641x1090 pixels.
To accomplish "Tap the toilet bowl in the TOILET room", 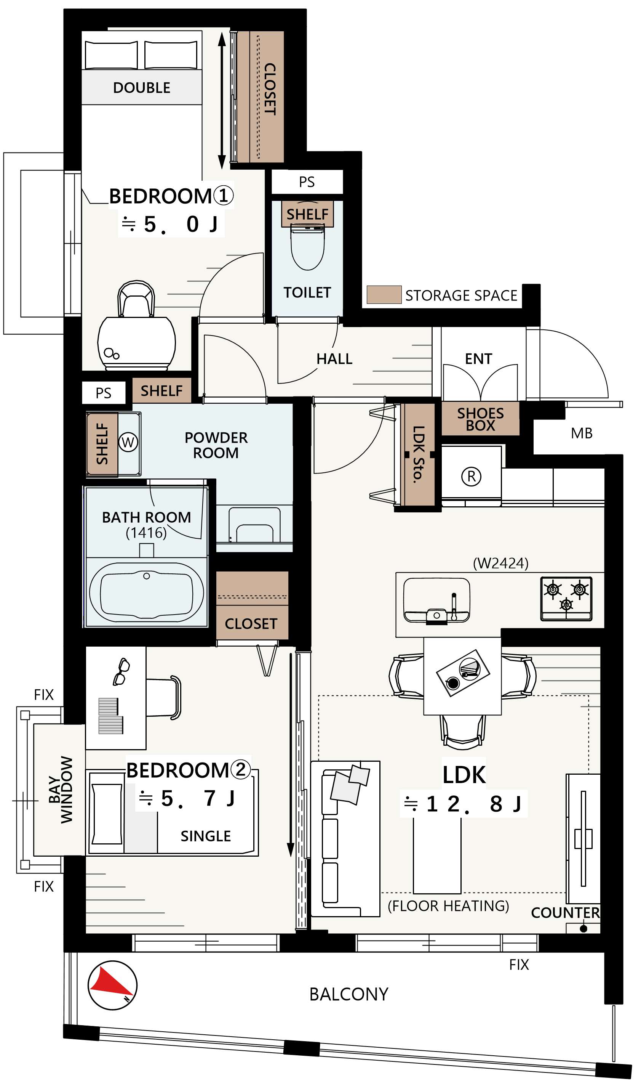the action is [308, 248].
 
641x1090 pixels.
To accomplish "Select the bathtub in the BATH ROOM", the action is [147, 592].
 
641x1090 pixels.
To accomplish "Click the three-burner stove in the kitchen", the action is [566, 599].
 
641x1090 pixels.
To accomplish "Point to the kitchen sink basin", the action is [436, 600].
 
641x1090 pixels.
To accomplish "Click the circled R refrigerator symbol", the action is [471, 476].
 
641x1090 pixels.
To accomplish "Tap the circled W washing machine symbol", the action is [128, 443].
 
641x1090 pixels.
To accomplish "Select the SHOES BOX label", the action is [481, 419].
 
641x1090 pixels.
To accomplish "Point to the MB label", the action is [582, 433].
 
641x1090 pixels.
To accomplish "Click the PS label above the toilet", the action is [307, 182].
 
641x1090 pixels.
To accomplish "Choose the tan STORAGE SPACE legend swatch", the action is [384, 295].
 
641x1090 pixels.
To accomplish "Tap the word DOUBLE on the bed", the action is [142, 88].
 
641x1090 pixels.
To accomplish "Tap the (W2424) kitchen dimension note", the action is [500, 563].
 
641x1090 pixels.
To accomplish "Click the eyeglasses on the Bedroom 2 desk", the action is [121, 672].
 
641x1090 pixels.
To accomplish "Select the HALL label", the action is [334, 359].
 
